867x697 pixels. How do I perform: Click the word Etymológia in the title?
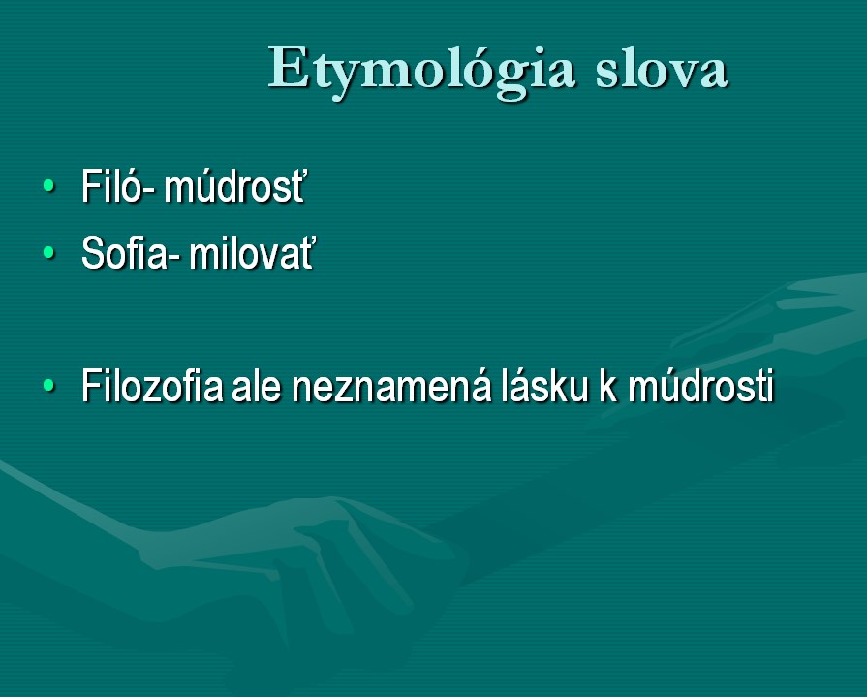click(x=421, y=70)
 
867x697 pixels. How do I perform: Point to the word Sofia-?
click(x=131, y=253)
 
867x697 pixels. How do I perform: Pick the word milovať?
click(x=252, y=253)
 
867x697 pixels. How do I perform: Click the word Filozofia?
click(x=153, y=385)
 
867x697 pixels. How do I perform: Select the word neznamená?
click(x=391, y=385)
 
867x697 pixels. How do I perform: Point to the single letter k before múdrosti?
click(x=607, y=385)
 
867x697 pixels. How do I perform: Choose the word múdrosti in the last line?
click(x=700, y=385)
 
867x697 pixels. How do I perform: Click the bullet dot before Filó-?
click(x=49, y=185)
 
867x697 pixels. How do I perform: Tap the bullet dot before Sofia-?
click(x=49, y=252)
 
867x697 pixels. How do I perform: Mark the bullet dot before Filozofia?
click(x=49, y=385)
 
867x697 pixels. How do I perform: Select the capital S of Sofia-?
click(x=94, y=253)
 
